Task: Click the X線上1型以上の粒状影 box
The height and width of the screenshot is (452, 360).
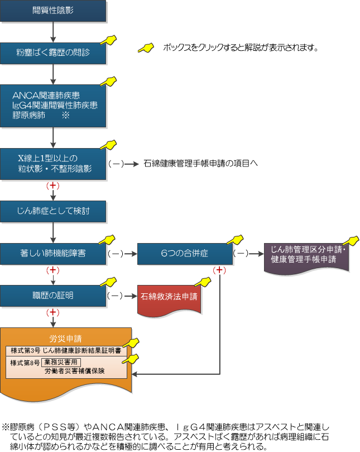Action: (x=52, y=163)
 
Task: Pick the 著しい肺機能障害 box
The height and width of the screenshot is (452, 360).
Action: (x=52, y=253)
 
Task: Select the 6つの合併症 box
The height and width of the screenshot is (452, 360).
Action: (x=184, y=253)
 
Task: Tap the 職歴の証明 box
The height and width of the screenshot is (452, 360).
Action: (x=52, y=294)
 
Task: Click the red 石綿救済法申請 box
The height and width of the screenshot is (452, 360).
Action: (x=169, y=297)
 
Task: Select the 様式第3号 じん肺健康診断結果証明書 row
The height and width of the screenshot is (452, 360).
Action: (x=66, y=350)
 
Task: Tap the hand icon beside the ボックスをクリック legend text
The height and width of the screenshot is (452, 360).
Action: (x=146, y=47)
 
